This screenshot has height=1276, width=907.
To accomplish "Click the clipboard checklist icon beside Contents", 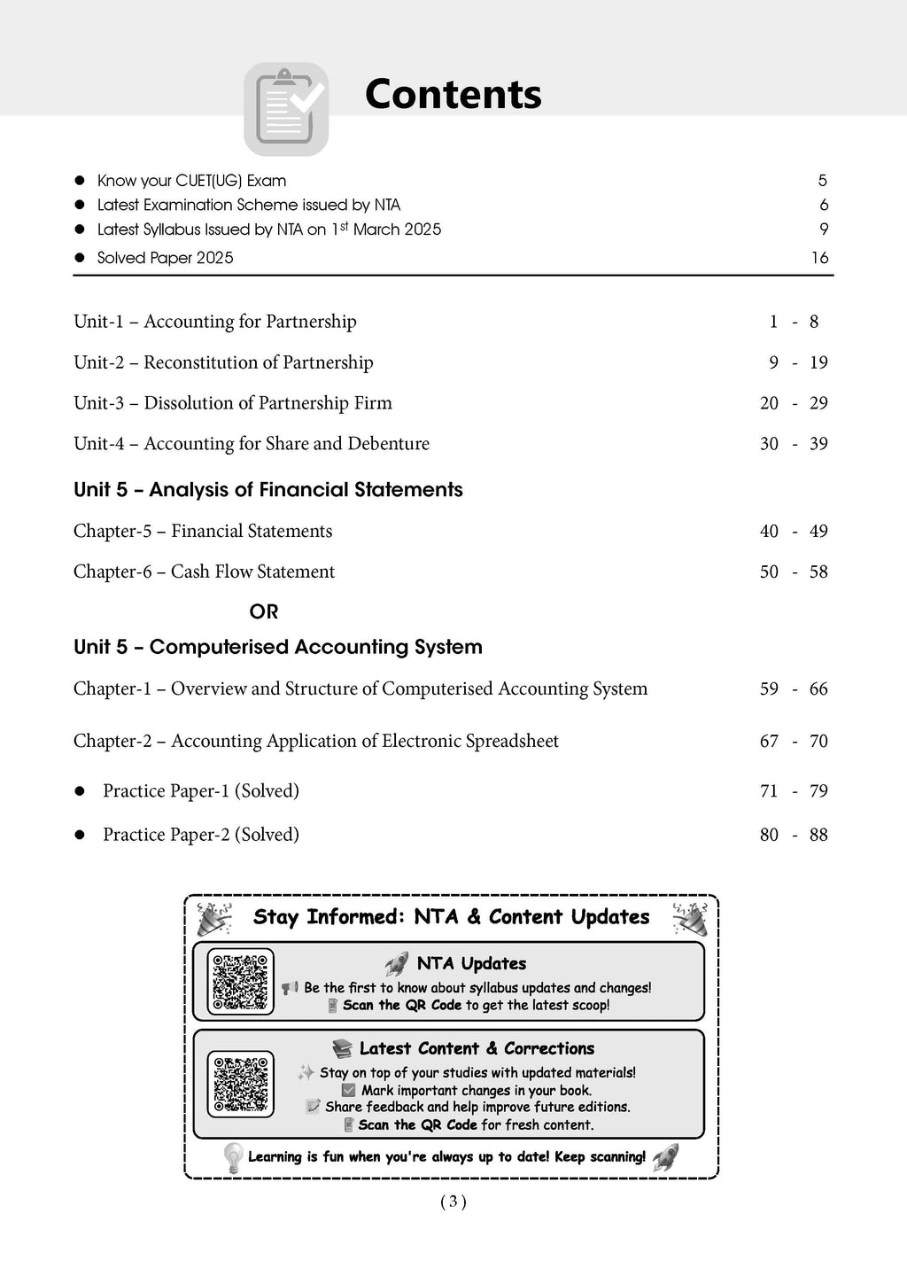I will coord(286,108).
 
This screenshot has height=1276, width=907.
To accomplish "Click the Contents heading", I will coord(453,95).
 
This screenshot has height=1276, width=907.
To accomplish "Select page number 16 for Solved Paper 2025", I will coord(819,258).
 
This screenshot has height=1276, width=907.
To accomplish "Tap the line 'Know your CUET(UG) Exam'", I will coord(191,181).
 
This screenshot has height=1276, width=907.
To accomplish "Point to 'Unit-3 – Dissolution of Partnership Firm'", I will coord(232,403).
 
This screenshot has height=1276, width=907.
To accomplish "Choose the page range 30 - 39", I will coord(794,444).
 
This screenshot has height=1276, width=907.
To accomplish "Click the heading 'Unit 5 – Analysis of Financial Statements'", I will coord(267,490).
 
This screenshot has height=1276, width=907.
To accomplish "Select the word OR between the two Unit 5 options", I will coord(264,611).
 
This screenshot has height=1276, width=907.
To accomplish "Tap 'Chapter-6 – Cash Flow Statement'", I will coord(204,572).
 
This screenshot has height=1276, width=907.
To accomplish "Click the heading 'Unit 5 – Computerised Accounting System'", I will coord(277,647).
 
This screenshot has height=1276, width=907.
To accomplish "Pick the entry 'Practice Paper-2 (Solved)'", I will coord(200,835).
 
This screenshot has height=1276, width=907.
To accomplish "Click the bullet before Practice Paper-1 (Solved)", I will coord(80,791).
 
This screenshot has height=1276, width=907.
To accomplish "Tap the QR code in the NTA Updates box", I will coord(241,981).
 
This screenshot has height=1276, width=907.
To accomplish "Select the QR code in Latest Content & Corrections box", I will coord(241,1083).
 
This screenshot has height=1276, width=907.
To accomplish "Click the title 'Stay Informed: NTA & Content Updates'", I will coord(451,917).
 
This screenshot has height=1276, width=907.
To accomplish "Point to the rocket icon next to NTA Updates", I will coord(397,964).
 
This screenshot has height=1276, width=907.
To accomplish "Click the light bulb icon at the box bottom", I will coord(233,1157).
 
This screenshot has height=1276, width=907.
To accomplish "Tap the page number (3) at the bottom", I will coord(453,1202).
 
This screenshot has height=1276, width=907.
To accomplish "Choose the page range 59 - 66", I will coord(794,689).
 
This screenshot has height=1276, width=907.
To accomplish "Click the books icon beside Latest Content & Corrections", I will coord(342,1049).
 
